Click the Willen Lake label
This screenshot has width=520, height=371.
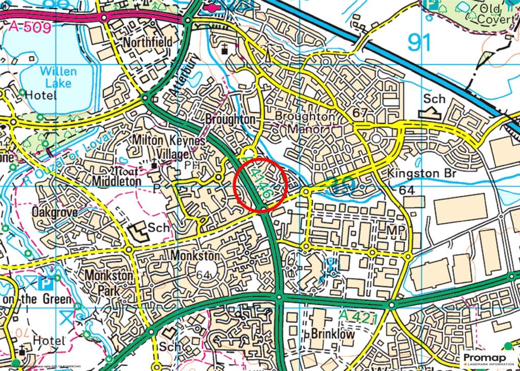(58, 77)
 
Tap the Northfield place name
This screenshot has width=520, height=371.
(147, 42)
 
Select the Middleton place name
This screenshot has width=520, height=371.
(116, 181)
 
